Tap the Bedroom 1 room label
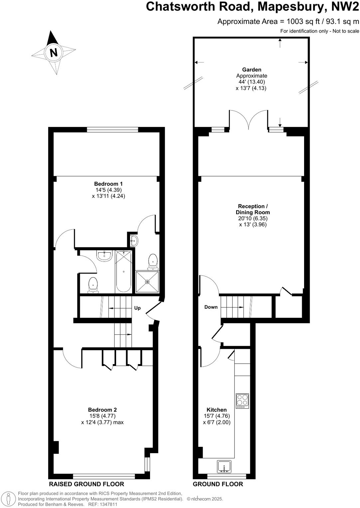click(x=108, y=184)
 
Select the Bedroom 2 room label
click(x=102, y=410)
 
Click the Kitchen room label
click(x=217, y=410)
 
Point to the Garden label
click(x=252, y=69)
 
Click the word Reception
click(x=251, y=206)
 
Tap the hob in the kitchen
click(x=242, y=401)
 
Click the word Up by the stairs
click(x=137, y=308)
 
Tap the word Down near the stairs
click(x=211, y=307)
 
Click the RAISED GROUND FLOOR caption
click(x=87, y=484)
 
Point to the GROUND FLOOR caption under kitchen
click(x=218, y=484)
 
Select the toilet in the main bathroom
click(x=93, y=285)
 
